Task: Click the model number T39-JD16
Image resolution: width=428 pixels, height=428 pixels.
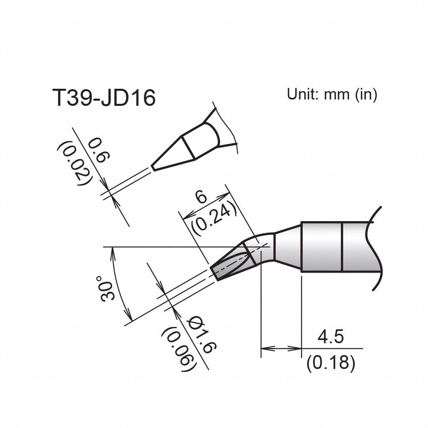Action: [x=104, y=98]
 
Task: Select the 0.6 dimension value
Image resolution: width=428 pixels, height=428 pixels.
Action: [x=97, y=151]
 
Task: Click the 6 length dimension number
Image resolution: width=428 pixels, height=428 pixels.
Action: [x=202, y=197]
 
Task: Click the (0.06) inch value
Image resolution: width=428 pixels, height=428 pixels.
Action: [x=179, y=349]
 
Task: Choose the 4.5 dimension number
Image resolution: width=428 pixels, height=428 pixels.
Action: [x=331, y=337]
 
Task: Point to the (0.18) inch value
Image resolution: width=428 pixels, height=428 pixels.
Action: [x=331, y=363]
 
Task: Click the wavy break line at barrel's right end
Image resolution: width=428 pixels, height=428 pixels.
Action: [x=375, y=250]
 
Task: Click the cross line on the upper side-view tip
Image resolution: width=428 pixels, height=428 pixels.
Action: [x=188, y=148]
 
